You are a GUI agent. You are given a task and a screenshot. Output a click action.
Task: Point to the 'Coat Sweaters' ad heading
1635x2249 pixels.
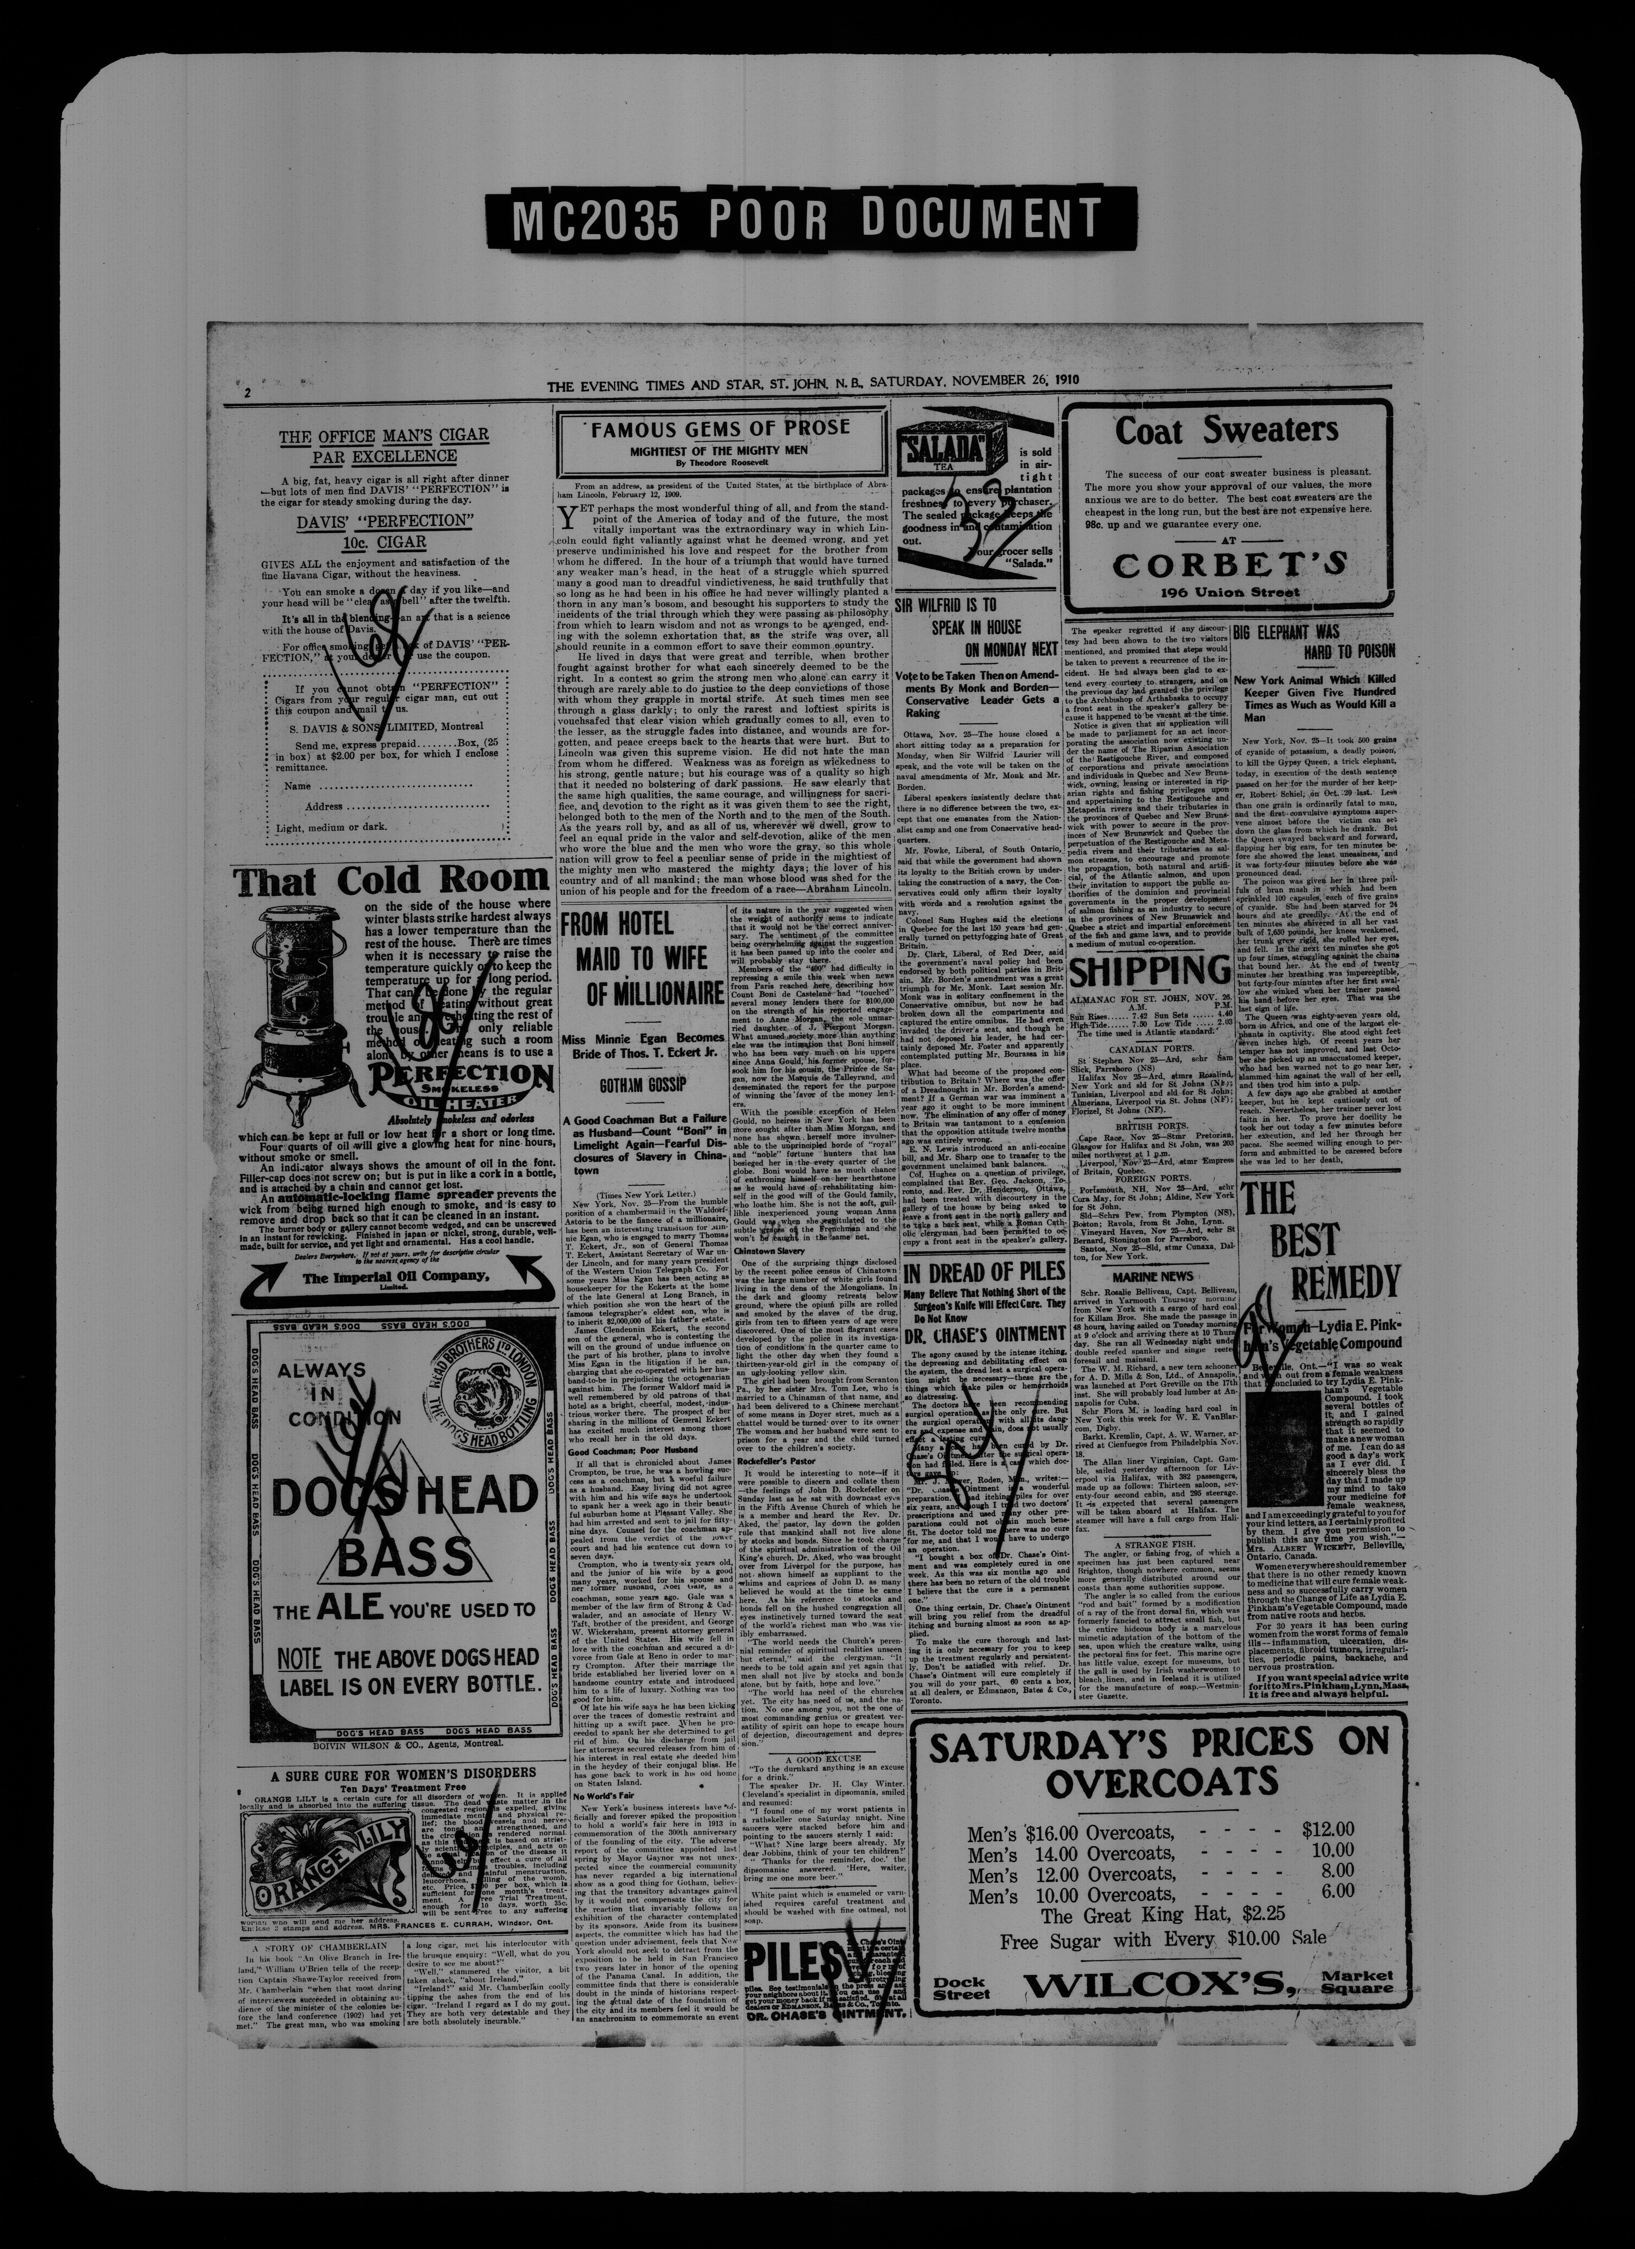(1227, 430)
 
